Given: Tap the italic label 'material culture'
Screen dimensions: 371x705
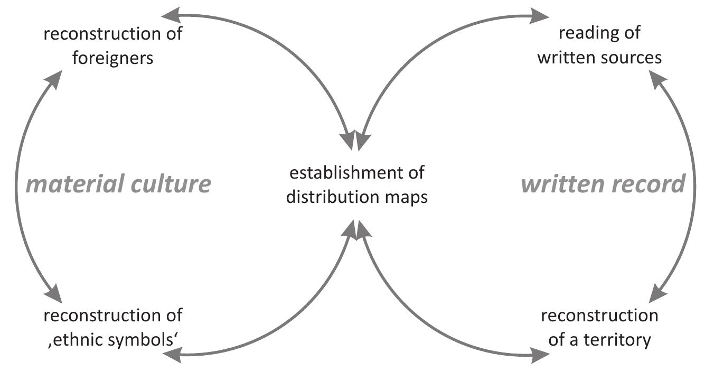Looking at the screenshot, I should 119,184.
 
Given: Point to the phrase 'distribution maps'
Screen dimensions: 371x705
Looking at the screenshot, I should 356,197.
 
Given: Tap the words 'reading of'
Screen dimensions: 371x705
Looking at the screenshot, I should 599,33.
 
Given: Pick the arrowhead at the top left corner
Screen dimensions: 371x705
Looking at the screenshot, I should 170,14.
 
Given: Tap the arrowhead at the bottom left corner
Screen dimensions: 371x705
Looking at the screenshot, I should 172,355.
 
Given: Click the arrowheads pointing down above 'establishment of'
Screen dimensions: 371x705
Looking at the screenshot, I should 354,140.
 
